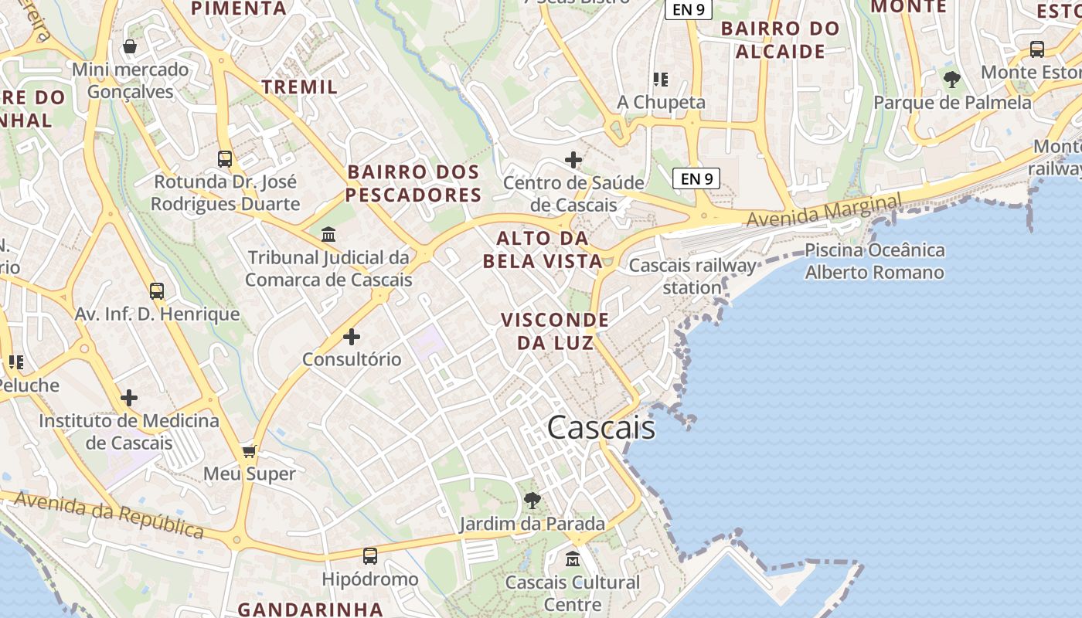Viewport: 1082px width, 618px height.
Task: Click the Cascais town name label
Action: [x=601, y=428]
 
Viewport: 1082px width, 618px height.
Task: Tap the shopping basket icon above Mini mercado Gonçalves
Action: [x=130, y=47]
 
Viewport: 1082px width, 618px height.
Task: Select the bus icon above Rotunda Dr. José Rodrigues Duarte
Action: [x=225, y=159]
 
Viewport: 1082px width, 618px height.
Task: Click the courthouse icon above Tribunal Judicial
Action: [x=328, y=234]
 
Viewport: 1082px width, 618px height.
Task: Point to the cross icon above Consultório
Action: [x=352, y=337]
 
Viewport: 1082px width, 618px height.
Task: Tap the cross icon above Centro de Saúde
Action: [x=573, y=160]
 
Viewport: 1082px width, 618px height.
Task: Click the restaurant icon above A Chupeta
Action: [x=661, y=79]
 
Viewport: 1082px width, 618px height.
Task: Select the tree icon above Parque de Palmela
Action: [x=952, y=79]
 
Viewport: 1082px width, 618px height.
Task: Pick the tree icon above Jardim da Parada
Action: [x=532, y=501]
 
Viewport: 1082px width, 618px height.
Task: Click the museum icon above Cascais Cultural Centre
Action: [x=573, y=559]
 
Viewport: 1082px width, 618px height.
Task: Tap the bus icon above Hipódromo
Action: [x=370, y=555]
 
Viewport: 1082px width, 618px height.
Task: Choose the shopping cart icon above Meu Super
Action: [x=249, y=451]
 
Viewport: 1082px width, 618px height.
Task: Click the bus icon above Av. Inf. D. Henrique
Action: [x=157, y=291]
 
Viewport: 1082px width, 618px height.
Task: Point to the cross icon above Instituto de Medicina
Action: [x=129, y=398]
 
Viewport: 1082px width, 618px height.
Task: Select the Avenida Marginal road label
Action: [x=824, y=209]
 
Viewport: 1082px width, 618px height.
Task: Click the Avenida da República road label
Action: [x=109, y=515]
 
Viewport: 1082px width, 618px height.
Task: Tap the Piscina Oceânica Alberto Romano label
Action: [x=874, y=261]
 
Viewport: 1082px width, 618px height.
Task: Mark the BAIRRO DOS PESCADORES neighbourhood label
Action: [x=413, y=183]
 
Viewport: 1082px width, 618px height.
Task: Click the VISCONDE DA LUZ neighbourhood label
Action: [x=555, y=331]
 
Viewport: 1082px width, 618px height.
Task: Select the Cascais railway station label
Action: [x=692, y=277]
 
